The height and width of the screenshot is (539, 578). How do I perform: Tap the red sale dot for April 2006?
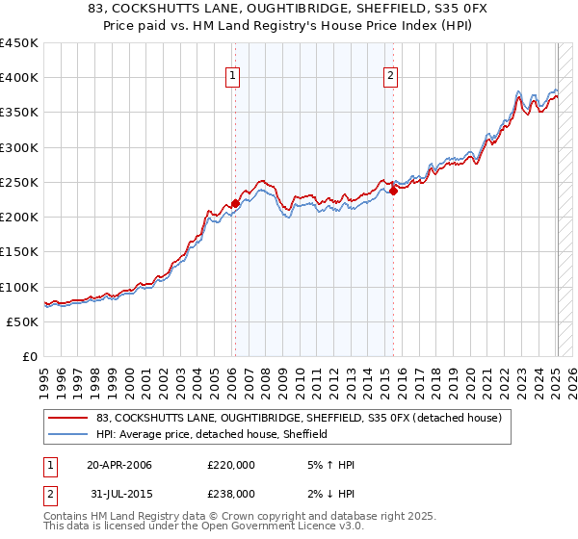(235, 204)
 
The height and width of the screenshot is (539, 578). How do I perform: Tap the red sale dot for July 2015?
(393, 192)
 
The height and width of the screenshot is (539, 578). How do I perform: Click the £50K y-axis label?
(23, 321)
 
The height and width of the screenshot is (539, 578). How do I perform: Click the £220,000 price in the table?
(231, 465)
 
